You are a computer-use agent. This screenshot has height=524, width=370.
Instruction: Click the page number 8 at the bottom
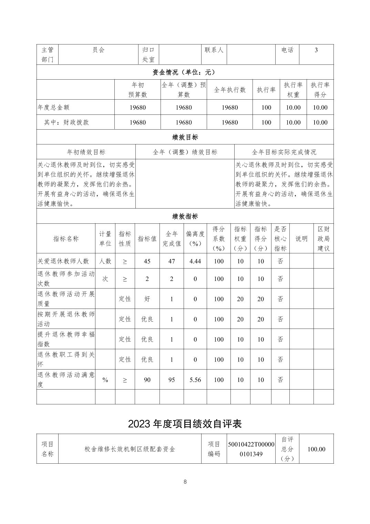point(185,482)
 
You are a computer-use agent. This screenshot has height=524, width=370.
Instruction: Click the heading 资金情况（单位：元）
point(185,72)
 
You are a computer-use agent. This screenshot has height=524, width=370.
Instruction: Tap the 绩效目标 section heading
point(185,137)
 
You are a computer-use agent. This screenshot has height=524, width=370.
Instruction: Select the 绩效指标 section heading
point(185,216)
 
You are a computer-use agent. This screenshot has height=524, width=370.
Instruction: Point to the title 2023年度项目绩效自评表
point(185,424)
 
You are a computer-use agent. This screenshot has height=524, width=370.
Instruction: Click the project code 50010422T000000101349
point(251,449)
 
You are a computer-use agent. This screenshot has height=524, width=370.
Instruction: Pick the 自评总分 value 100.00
point(316,449)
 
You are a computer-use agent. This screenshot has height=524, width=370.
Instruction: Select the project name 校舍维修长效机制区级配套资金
point(130,449)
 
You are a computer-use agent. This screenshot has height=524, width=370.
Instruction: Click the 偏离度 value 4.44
point(195,261)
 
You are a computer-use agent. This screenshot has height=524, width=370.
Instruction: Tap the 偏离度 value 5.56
point(195,380)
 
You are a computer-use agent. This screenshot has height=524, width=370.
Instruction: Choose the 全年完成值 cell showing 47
point(172,261)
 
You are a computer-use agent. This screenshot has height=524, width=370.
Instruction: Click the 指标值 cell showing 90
point(147,380)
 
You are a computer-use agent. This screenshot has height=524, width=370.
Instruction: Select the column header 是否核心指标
point(280,239)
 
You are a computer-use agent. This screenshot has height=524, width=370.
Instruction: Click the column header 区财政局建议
point(323,239)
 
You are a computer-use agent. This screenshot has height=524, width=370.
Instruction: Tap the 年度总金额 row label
point(53,108)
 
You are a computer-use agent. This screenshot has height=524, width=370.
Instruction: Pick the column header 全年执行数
point(230,90)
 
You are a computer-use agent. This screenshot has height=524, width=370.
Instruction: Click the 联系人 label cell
point(214,50)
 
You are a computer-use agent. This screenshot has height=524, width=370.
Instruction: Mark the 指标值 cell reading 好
point(147,299)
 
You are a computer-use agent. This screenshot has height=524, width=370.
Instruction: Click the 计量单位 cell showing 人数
point(105,261)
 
